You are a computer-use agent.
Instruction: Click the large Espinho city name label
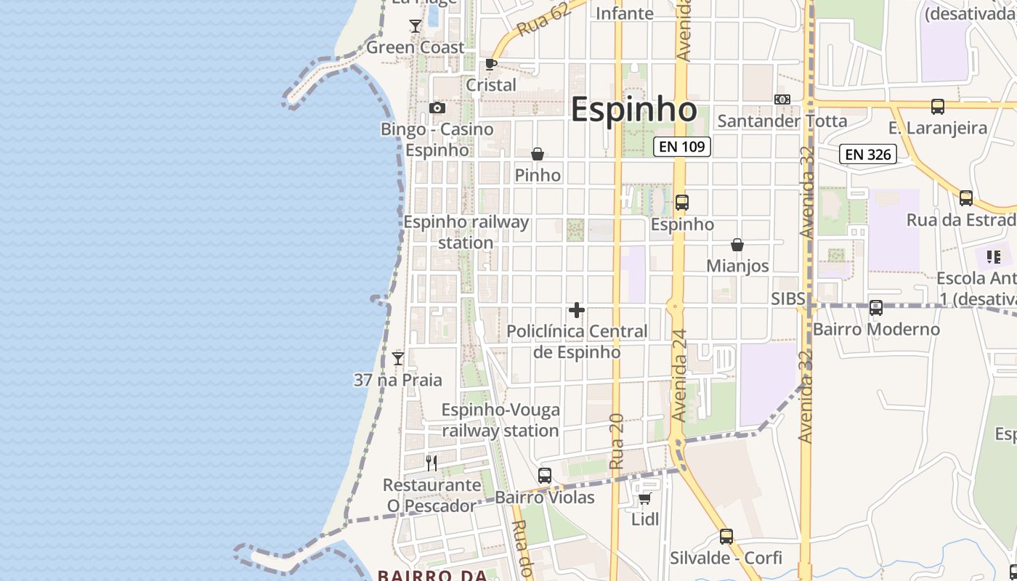[633, 110]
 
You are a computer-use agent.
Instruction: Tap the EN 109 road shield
[681, 147]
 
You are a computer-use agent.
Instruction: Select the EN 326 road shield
[867, 154]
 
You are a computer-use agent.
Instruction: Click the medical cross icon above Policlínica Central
[577, 311]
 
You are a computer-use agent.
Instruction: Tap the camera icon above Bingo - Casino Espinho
[437, 108]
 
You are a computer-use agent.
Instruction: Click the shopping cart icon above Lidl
[644, 498]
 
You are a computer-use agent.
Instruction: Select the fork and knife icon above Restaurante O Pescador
[432, 463]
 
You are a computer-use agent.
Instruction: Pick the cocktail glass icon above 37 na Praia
[398, 359]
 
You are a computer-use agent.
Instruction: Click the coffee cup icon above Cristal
[491, 64]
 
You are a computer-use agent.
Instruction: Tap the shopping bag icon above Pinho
[538, 154]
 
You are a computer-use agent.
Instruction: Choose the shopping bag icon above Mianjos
[737, 245]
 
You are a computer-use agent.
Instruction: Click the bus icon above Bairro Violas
[545, 476]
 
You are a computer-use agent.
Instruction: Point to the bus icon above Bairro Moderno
[876, 308]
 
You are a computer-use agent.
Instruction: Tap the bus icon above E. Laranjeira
[938, 107]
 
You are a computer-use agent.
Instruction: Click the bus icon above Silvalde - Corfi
[726, 537]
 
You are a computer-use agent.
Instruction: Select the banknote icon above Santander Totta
[782, 99]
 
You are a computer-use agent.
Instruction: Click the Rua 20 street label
[617, 441]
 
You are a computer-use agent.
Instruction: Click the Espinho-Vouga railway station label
[501, 420]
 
